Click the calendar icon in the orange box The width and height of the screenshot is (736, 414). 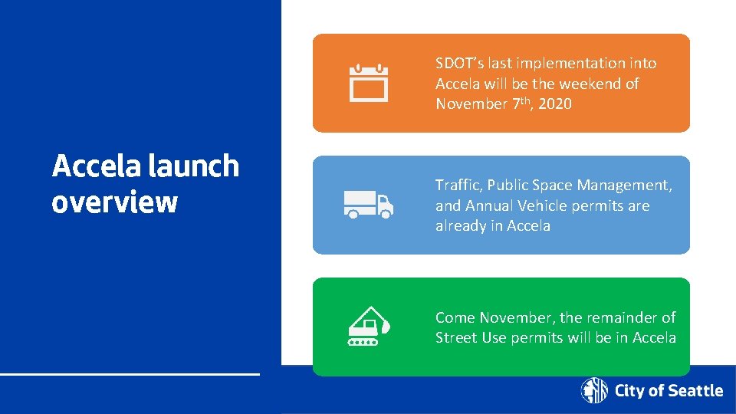pos(369,83)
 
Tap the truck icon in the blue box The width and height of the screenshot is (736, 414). pos(368,205)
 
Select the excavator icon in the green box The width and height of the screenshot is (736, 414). pos(369,327)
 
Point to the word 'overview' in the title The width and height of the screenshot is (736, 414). pos(114,202)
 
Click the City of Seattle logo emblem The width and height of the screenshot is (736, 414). pos(594,390)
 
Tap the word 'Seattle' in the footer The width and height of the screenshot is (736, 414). pos(695,391)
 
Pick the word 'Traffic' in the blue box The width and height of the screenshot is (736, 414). pos(457,185)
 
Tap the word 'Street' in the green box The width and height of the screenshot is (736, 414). pos(457,337)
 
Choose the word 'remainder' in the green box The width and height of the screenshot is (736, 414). pos(619,317)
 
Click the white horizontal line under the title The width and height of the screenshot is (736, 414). pos(130,374)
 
